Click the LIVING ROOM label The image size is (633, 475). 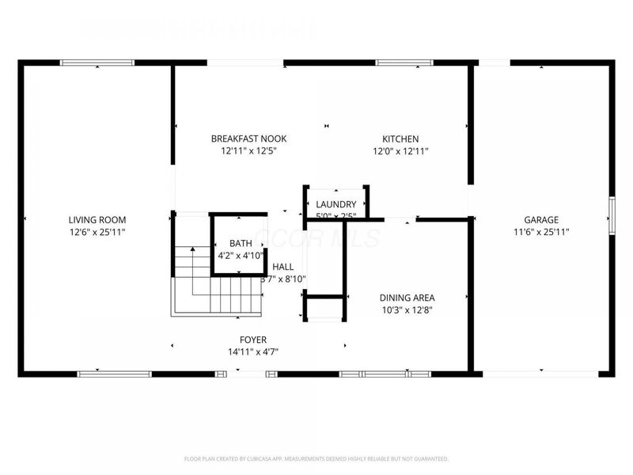tap(97, 220)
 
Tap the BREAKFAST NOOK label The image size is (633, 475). tap(248, 139)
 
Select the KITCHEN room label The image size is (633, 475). tap(400, 139)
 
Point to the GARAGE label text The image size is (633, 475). tap(541, 220)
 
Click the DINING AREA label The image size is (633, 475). tap(407, 298)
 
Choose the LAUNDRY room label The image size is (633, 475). tap(336, 204)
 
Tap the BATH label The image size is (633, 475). tap(241, 243)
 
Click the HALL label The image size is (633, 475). tap(283, 268)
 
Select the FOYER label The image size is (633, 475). tap(253, 340)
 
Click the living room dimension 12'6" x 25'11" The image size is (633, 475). tap(97, 232)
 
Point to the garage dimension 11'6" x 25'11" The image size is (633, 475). tap(541, 232)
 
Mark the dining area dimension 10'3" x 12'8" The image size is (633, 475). tap(407, 310)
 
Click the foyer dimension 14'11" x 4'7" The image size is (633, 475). tap(253, 351)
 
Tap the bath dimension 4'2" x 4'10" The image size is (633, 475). tap(241, 255)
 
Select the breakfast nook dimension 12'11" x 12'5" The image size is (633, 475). tap(248, 150)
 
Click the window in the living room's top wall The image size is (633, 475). tap(97, 63)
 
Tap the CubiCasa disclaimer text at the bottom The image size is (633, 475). tap(316, 458)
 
